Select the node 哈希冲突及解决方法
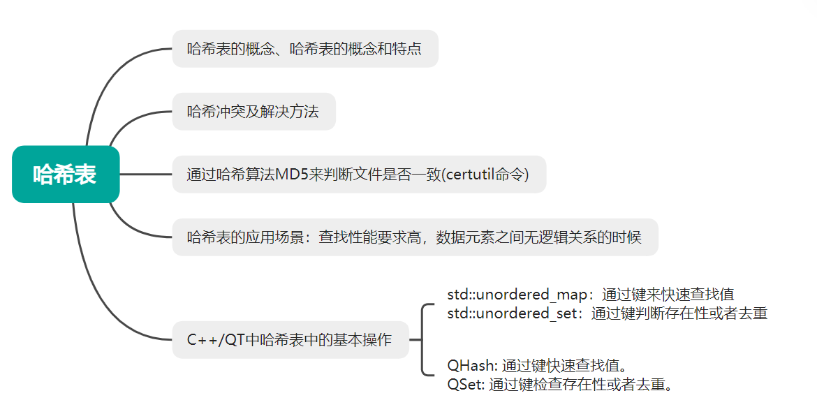click(x=253, y=112)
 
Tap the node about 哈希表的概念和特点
click(x=304, y=49)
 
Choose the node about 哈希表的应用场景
click(x=415, y=237)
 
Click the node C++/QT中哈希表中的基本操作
click(x=290, y=340)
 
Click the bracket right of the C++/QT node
click(x=423, y=340)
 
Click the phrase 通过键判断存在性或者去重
click(x=679, y=313)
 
